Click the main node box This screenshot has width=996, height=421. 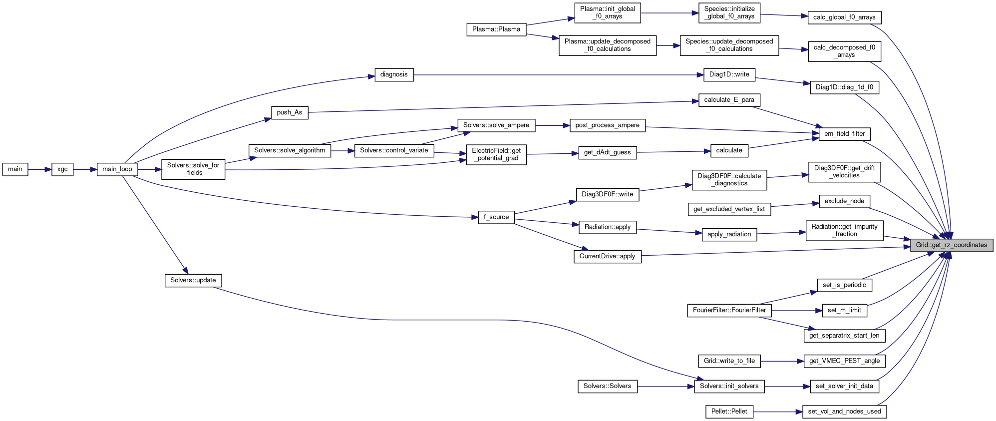pos(15,169)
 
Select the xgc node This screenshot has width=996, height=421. pos(62,169)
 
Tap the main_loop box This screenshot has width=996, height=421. pos(117,169)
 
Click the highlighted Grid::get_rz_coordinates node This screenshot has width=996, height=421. pos(951,245)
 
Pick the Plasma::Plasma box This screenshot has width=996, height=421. pos(496,29)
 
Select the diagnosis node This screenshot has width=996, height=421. pos(394,75)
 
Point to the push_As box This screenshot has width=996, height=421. pos(290,112)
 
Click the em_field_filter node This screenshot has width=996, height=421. pos(845,134)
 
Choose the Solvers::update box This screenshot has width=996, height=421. pos(193,280)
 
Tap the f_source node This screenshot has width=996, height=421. pos(496,217)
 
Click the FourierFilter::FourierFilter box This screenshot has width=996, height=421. pos(729,310)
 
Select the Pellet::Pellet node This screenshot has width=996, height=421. pos(729,412)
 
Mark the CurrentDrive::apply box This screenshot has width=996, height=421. pos(607,256)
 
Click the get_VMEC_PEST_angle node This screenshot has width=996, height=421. pos(844,361)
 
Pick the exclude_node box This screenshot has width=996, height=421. pos(844,201)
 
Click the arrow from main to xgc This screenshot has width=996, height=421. pos(39,169)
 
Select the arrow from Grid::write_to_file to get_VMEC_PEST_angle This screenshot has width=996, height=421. pos(782,361)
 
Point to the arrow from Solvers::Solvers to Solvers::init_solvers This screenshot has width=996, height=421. pos(665,387)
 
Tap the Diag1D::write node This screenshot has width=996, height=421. pos(729,75)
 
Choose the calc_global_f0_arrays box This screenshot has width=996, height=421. pos(844,17)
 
